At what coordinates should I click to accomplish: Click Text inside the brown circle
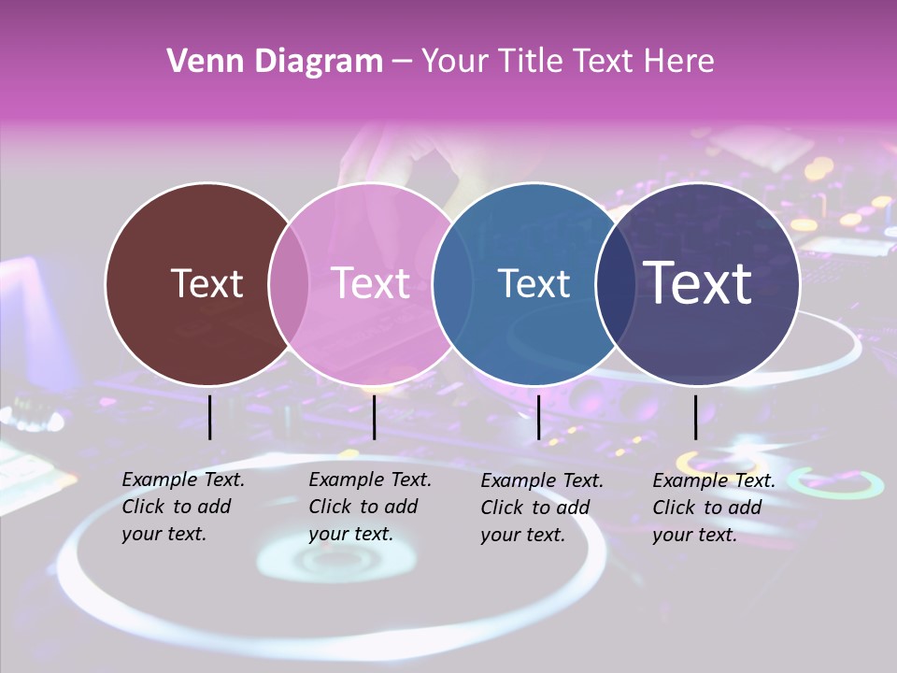click(x=206, y=283)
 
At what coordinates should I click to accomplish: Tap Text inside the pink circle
click(x=371, y=283)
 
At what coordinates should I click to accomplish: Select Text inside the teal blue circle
click(x=534, y=283)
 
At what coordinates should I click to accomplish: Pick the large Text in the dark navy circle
click(x=698, y=282)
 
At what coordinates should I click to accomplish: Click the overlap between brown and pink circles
click(x=289, y=283)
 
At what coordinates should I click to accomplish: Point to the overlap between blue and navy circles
click(x=616, y=283)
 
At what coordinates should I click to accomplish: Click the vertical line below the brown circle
click(x=210, y=417)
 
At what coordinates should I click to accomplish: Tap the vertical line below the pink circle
click(x=374, y=417)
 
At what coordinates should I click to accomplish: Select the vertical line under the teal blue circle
click(x=539, y=417)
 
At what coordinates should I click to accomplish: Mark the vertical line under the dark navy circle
click(x=696, y=417)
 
